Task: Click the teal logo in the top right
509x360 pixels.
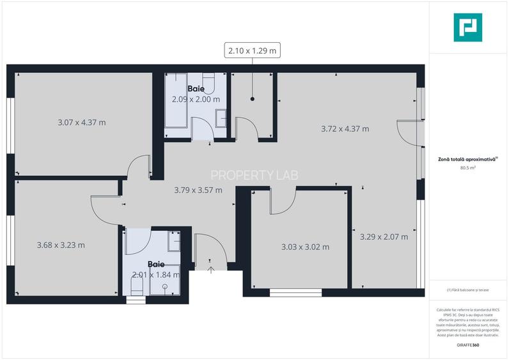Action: [468, 27]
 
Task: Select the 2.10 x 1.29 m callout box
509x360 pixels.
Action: [253, 50]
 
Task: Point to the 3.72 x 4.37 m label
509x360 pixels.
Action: [345, 129]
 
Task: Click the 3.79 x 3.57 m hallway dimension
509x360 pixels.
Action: [198, 190]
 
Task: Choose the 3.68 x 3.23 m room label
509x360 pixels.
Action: [61, 244]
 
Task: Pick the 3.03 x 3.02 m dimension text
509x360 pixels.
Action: [305, 247]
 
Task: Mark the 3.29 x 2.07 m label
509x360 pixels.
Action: [384, 237]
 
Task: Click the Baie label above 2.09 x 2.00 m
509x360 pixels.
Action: [196, 89]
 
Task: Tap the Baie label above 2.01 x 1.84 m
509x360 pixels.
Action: [156, 263]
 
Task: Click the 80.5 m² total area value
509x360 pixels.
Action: [467, 168]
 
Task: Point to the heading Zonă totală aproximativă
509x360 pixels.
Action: [467, 160]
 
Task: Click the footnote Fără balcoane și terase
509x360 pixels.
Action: [468, 290]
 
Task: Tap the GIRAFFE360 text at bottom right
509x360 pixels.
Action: [468, 345]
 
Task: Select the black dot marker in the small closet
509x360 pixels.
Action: [253, 99]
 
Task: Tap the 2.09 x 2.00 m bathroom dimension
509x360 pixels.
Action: [196, 99]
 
